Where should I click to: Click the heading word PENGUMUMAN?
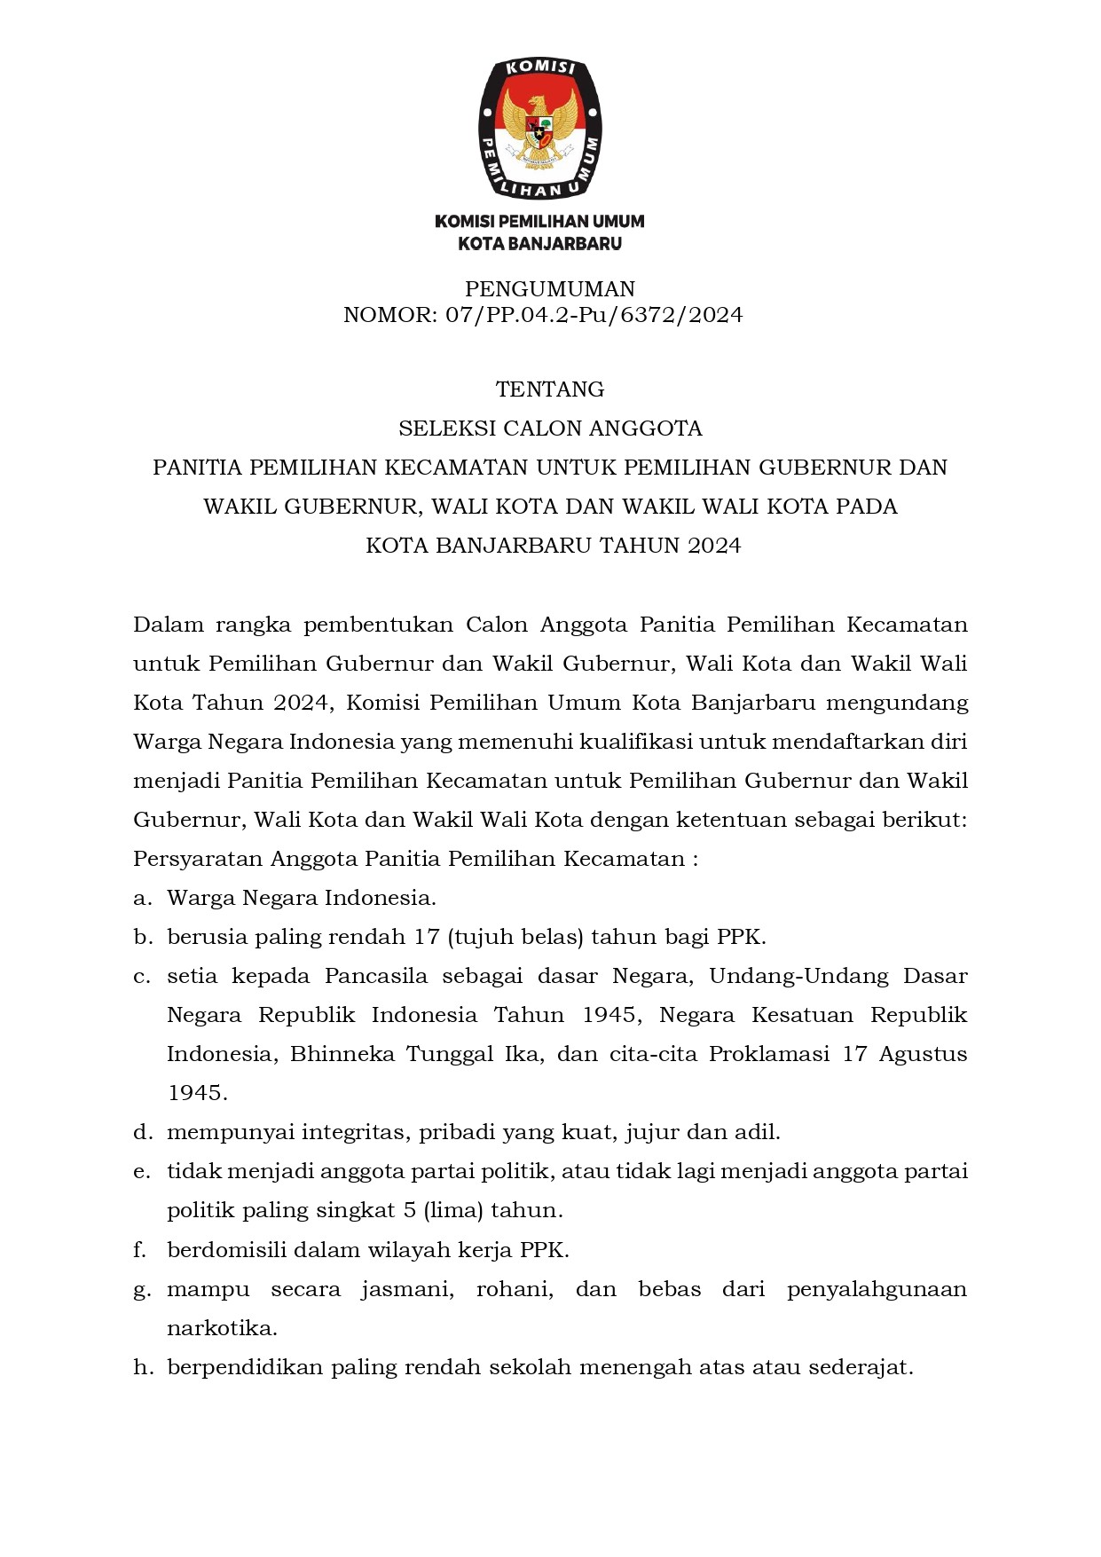[550, 289]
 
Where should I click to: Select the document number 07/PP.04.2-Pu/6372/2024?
[594, 315]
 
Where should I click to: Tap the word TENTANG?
[550, 389]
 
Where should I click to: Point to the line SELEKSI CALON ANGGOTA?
[550, 429]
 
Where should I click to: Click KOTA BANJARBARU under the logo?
[539, 243]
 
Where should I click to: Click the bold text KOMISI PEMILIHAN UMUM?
[539, 221]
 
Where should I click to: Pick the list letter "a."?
[142, 898]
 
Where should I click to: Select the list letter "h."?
[143, 1367]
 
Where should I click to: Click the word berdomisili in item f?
[226, 1250]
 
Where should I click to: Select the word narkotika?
[222, 1328]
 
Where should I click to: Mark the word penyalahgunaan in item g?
[877, 1289]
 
